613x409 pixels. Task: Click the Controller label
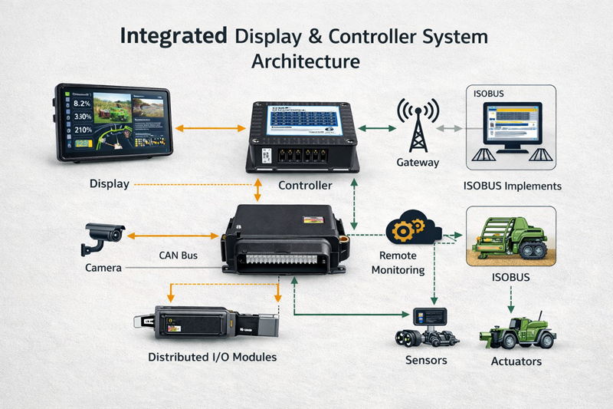(305, 186)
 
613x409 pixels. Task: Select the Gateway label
(418, 163)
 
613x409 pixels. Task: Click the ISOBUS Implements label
(513, 186)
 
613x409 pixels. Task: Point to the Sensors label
(425, 360)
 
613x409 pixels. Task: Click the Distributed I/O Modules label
(212, 357)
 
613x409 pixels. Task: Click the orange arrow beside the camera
(172, 234)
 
